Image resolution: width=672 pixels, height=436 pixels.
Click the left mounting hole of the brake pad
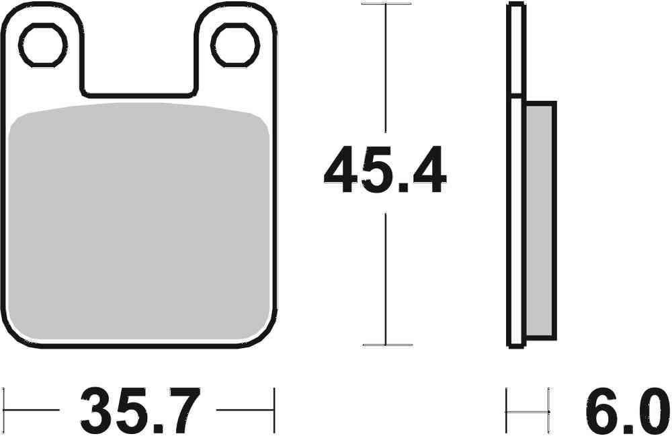click(x=43, y=46)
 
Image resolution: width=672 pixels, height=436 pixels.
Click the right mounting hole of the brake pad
click(x=235, y=46)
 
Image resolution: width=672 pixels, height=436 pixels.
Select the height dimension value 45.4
click(x=384, y=171)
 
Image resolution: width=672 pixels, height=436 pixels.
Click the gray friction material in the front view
click(x=141, y=222)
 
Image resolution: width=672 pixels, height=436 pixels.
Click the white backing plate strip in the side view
click(x=515, y=222)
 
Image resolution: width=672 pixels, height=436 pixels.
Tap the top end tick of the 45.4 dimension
click(x=386, y=4)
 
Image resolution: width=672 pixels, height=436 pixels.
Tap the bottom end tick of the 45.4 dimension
click(x=386, y=345)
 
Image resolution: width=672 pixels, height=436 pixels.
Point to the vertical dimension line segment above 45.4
click(x=386, y=67)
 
